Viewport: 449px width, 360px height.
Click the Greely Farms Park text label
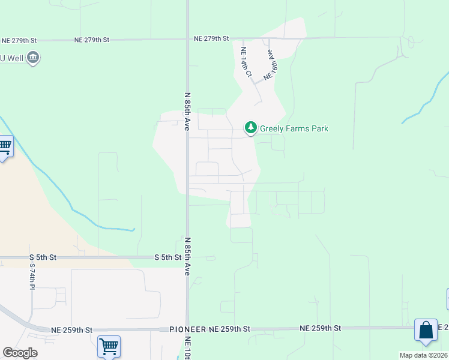pyautogui.click(x=294, y=128)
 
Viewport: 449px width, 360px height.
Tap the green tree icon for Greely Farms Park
pyautogui.click(x=250, y=128)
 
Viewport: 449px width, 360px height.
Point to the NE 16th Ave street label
pyautogui.click(x=273, y=65)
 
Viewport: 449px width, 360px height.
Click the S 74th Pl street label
pyautogui.click(x=32, y=276)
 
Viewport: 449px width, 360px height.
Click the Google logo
pyautogui.click(x=20, y=352)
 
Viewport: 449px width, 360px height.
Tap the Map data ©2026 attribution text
pyautogui.click(x=424, y=355)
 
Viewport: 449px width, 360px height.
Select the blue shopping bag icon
pyautogui.click(x=426, y=331)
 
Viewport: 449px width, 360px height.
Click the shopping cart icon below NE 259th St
pyautogui.click(x=109, y=346)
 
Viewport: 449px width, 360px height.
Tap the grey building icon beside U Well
pyautogui.click(x=33, y=58)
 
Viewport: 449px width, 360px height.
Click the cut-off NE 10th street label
pyautogui.click(x=188, y=348)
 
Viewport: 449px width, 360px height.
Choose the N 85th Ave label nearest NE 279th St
pyautogui.click(x=187, y=112)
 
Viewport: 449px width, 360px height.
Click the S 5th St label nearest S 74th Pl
pyautogui.click(x=43, y=257)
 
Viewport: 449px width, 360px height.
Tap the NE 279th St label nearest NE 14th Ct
pyautogui.click(x=211, y=38)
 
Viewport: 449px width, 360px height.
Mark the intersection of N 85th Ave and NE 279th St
pyautogui.click(x=187, y=39)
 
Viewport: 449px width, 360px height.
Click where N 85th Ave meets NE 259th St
pyautogui.click(x=187, y=329)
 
